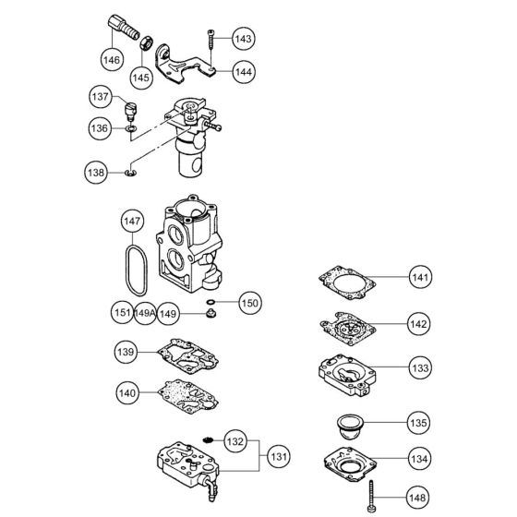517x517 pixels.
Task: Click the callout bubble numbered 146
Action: tap(111, 58)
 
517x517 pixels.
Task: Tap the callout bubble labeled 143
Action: tap(243, 39)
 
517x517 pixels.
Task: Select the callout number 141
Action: tap(421, 277)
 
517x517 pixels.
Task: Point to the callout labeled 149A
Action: tap(145, 313)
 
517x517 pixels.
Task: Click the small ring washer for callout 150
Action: tap(210, 302)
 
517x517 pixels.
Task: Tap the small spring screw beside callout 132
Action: tap(208, 442)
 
